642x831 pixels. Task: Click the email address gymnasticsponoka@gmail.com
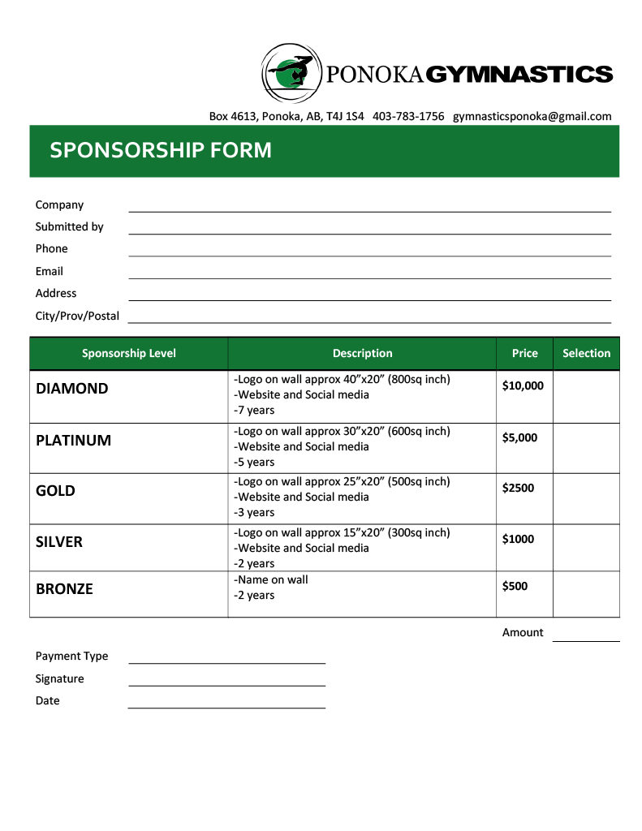(532, 116)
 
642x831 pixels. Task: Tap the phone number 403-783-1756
(408, 116)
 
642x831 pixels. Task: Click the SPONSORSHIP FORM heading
(161, 150)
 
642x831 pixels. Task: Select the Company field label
(59, 205)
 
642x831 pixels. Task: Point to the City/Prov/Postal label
(77, 316)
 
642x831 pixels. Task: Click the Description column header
(362, 353)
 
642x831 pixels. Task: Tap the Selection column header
(586, 353)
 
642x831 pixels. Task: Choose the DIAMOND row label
(71, 389)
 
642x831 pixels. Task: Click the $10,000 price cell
(523, 386)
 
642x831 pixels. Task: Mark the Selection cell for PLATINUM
(586, 448)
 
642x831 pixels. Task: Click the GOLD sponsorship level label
(55, 491)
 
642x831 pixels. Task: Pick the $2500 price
(518, 488)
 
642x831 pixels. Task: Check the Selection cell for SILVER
(586, 548)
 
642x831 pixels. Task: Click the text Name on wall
(272, 580)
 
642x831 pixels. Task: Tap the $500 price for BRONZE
(515, 586)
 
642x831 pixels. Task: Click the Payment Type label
(71, 656)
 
